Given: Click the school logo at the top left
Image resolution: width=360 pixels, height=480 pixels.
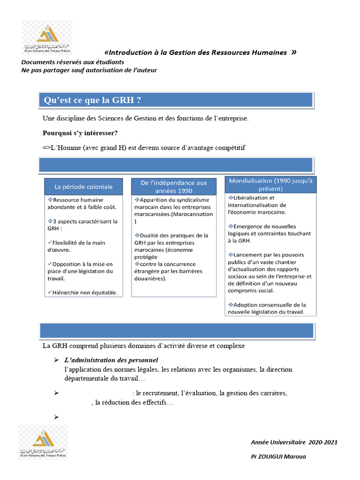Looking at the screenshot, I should pyautogui.click(x=47, y=37).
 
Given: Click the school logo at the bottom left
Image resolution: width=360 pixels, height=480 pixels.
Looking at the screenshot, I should pyautogui.click(x=43, y=442).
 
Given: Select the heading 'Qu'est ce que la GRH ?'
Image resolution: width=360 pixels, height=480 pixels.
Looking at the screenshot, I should pyautogui.click(x=92, y=100).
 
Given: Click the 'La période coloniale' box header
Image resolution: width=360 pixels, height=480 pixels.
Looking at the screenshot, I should pyautogui.click(x=83, y=187).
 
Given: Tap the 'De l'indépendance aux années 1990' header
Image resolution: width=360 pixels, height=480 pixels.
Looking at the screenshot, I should pyautogui.click(x=173, y=187).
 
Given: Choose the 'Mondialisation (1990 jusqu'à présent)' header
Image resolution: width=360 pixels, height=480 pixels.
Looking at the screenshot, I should pyautogui.click(x=270, y=185).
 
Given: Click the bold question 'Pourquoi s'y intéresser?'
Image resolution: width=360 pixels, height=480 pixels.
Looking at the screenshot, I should pyautogui.click(x=80, y=133).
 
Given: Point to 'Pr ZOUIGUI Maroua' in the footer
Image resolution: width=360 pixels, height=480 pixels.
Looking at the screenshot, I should pyautogui.click(x=278, y=456).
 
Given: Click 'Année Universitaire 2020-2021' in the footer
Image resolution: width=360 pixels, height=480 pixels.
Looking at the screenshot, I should pyautogui.click(x=294, y=442).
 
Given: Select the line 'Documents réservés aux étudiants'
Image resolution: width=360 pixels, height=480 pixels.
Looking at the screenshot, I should pyautogui.click(x=73, y=62).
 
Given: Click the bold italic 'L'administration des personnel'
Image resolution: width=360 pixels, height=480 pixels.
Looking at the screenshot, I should pyautogui.click(x=111, y=360).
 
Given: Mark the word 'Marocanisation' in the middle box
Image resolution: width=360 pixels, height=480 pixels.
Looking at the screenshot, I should pyautogui.click(x=193, y=214).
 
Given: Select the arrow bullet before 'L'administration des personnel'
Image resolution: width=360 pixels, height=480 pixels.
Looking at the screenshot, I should pyautogui.click(x=56, y=360).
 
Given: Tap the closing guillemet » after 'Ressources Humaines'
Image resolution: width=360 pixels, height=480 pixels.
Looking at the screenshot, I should pyautogui.click(x=293, y=52).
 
